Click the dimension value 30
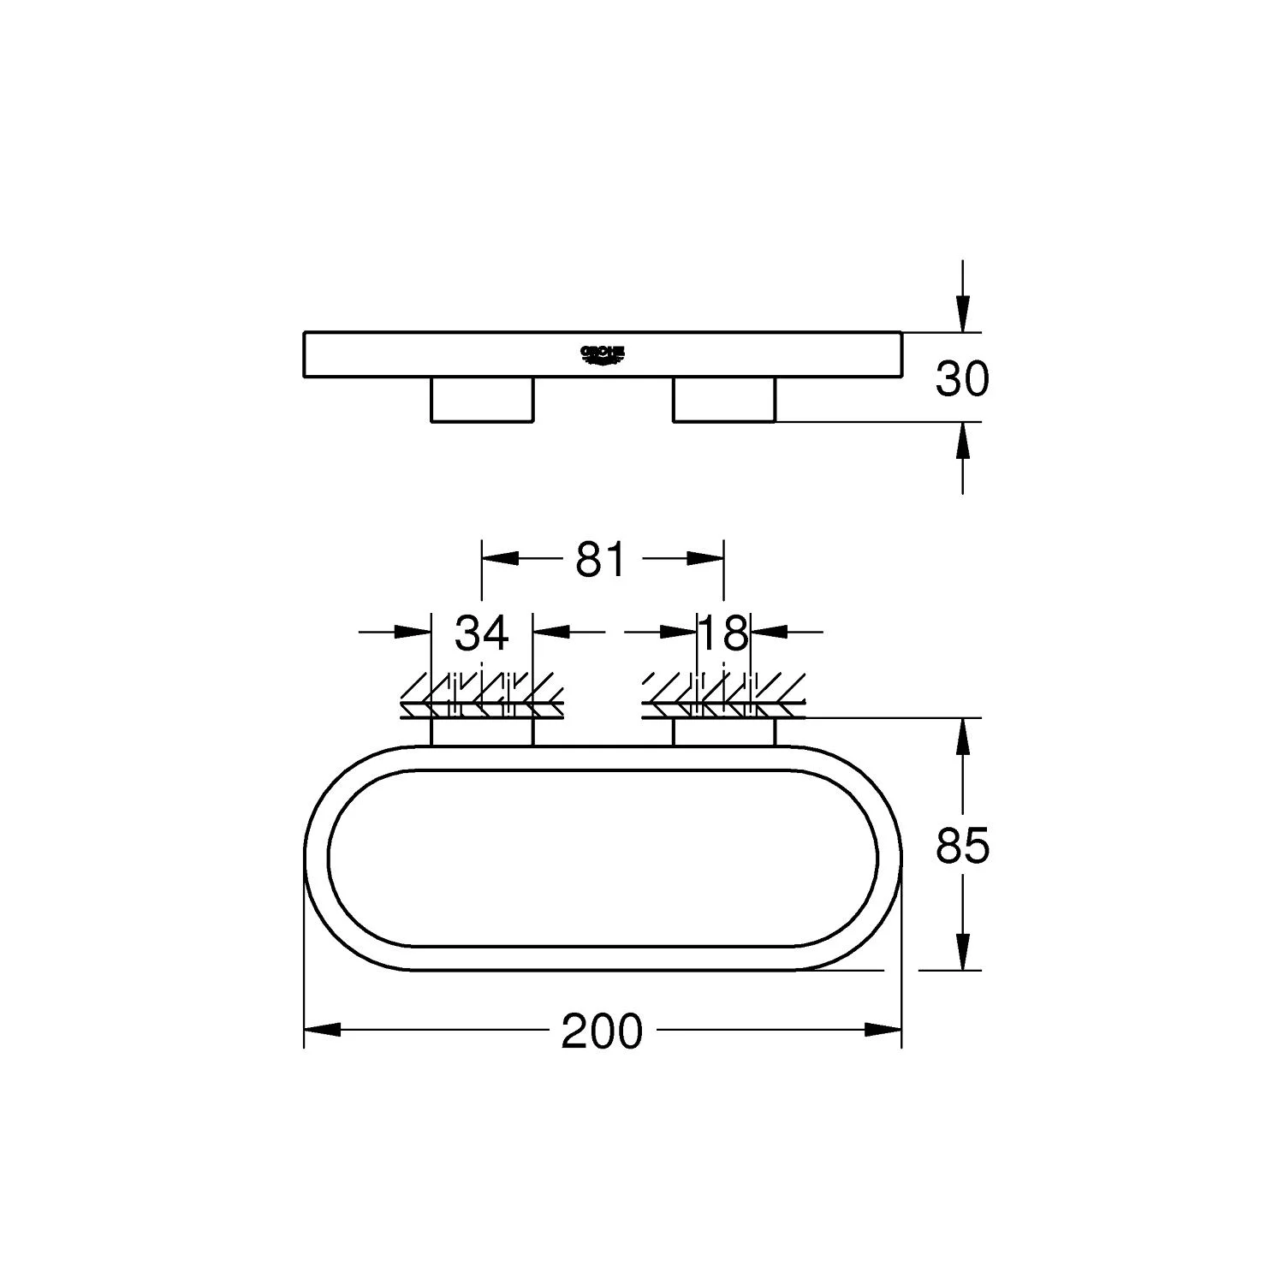coord(962,377)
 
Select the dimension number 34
coord(481,633)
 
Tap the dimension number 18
coord(724,633)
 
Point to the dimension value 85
coord(962,846)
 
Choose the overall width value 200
coord(601,1031)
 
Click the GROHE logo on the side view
coord(603,354)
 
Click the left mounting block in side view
coord(481,399)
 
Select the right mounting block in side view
coord(724,399)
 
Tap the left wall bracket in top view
coord(481,732)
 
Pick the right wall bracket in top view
coord(724,732)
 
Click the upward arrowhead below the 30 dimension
coord(963,440)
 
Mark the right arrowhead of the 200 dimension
coord(883,1030)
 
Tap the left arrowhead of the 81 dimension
coord(501,559)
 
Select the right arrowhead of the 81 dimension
coord(705,559)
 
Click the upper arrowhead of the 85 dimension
coord(963,736)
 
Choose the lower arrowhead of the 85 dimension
coord(963,951)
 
